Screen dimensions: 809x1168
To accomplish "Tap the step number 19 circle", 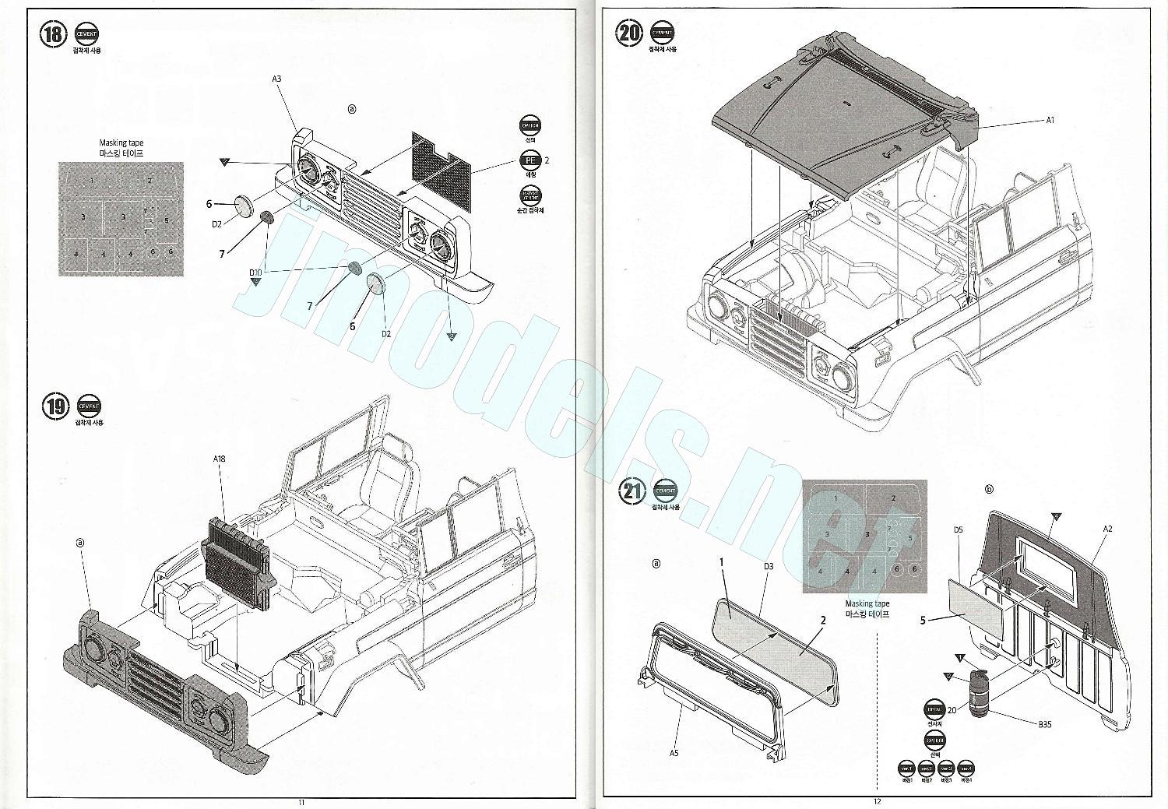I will tap(55, 406).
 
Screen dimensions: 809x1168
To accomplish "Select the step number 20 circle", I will tap(629, 33).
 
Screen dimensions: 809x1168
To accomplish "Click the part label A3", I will tap(276, 79).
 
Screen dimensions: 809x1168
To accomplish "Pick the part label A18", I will tap(220, 459).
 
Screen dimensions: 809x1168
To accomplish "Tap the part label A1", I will tap(1050, 120).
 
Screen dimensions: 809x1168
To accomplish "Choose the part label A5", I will tap(674, 753).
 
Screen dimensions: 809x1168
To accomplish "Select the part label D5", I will tap(959, 529).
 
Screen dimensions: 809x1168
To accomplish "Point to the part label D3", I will tap(768, 566).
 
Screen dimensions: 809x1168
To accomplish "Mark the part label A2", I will tap(1106, 529).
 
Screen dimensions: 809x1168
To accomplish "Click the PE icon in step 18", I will tap(530, 160).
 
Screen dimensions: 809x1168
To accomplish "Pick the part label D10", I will tap(255, 273).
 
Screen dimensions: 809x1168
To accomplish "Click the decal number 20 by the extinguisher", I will tap(952, 710).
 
